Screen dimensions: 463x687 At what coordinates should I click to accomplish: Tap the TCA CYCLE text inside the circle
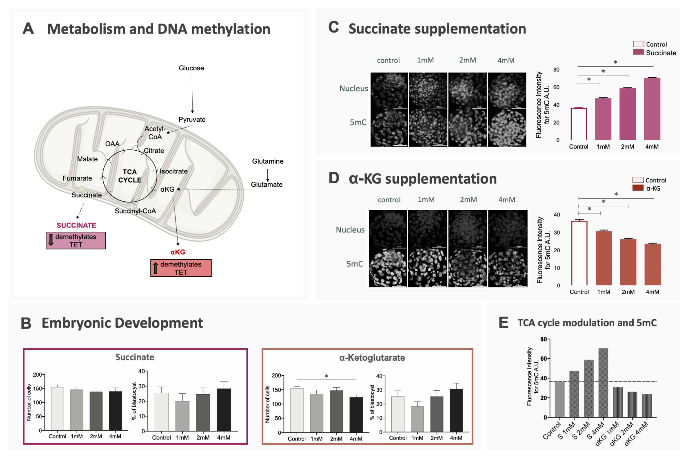pos(130,176)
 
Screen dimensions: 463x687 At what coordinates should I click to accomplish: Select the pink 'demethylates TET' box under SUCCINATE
pos(76,241)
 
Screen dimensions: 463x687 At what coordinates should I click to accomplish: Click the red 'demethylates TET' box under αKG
pos(181,268)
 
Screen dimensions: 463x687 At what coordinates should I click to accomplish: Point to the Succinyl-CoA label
pos(135,211)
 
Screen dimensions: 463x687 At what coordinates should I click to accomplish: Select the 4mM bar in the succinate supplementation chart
pos(652,109)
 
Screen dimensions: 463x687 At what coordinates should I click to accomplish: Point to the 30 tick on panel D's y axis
pos(557,233)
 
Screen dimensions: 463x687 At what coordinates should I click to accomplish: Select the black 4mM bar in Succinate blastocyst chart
pos(224,410)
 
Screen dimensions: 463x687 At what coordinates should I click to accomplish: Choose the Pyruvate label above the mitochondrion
pos(192,120)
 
